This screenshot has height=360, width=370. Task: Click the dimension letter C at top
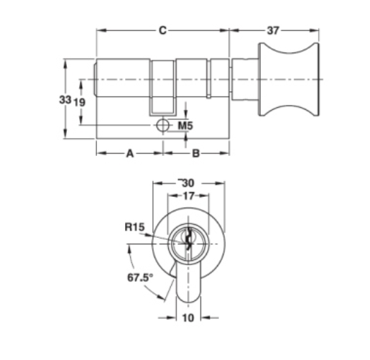pos(162,31)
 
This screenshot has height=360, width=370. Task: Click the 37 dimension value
pos(273,31)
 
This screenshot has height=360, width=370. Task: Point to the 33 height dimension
pos(65,100)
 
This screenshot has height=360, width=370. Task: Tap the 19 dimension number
pos(79,103)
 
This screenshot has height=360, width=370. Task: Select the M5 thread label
pos(185,126)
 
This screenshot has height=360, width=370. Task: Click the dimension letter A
pos(130,153)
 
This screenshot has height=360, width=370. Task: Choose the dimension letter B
pos(196,153)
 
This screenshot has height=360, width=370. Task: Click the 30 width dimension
pos(188,183)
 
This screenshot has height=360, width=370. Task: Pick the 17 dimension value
pos(188,196)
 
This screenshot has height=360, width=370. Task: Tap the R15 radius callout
pos(134,227)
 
